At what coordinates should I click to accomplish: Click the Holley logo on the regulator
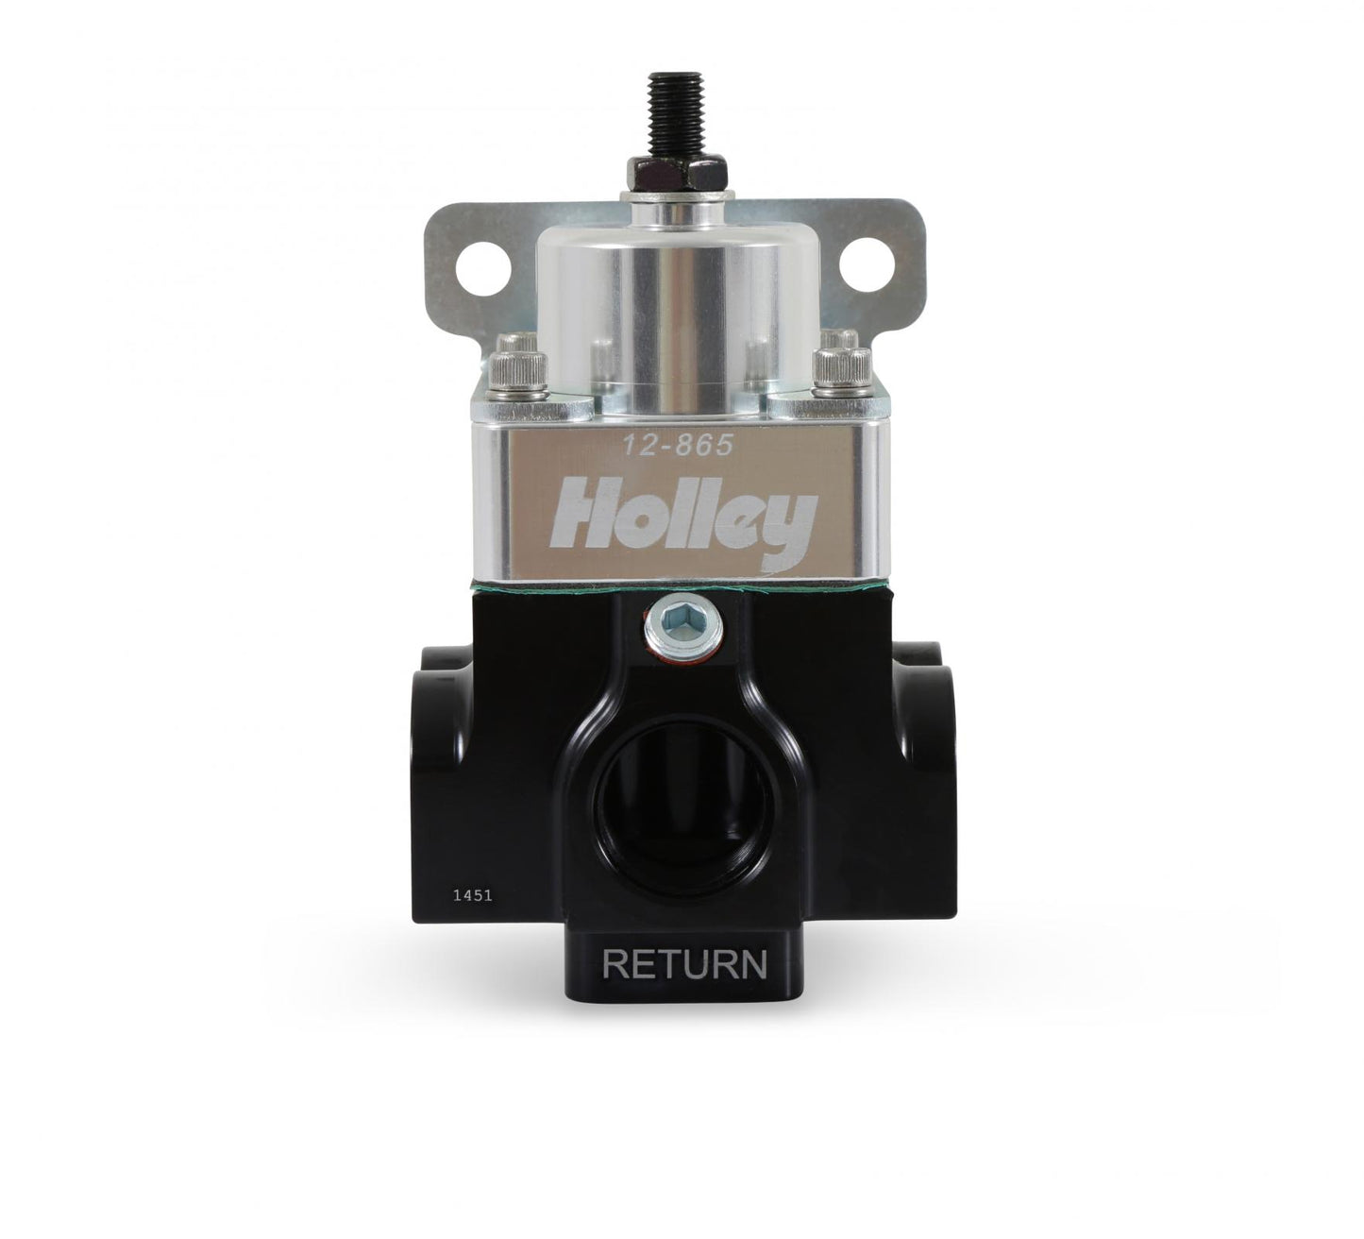(x=686, y=518)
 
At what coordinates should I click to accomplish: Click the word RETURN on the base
(x=683, y=965)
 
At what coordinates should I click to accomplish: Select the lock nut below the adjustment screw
(x=677, y=171)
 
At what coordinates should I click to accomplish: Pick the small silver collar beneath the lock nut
(x=677, y=200)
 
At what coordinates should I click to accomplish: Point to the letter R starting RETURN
(x=615, y=965)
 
